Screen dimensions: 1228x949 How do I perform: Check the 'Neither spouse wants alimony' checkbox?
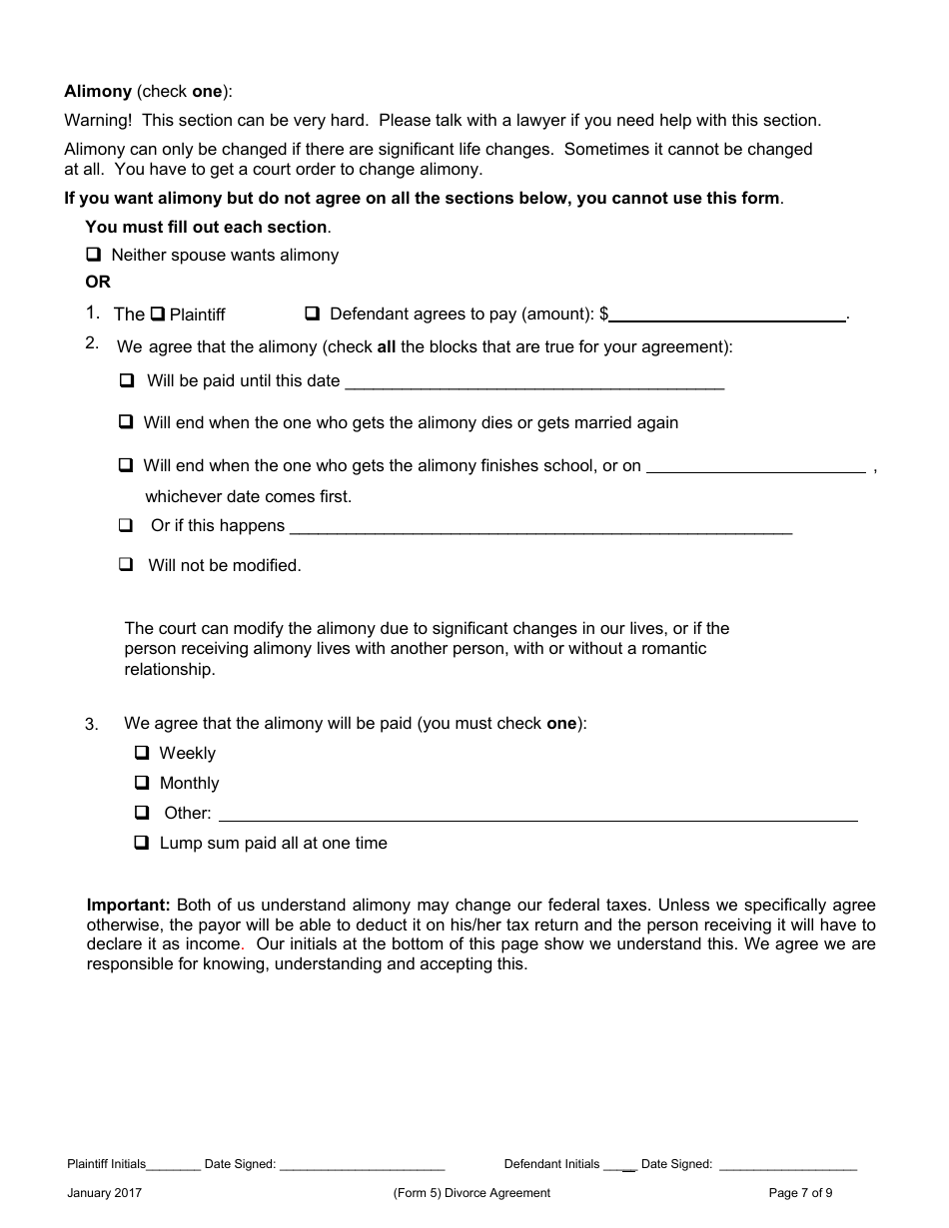click(94, 255)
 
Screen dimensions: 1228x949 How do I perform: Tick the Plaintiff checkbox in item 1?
click(157, 314)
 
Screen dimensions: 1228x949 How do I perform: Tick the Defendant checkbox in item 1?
click(312, 313)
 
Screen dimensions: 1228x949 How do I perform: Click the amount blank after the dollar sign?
click(728, 313)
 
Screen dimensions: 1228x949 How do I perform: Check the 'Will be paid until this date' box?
click(127, 380)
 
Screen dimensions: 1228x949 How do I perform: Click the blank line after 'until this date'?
click(533, 381)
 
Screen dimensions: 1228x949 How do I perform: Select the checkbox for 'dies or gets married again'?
click(126, 422)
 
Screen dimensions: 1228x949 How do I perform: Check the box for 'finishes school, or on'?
click(126, 465)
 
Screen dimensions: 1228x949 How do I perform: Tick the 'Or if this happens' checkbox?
click(126, 525)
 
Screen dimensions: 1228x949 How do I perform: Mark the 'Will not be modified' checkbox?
click(126, 564)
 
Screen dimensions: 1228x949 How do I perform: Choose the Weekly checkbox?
click(142, 753)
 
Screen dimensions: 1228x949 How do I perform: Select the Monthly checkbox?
click(142, 783)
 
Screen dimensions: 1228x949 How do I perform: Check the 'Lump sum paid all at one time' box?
click(142, 843)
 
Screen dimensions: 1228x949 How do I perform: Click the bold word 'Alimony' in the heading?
click(98, 91)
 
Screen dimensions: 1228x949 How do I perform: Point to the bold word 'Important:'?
click(129, 905)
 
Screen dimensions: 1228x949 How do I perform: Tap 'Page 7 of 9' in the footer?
click(800, 1192)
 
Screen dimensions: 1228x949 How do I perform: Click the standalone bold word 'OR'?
click(98, 282)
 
